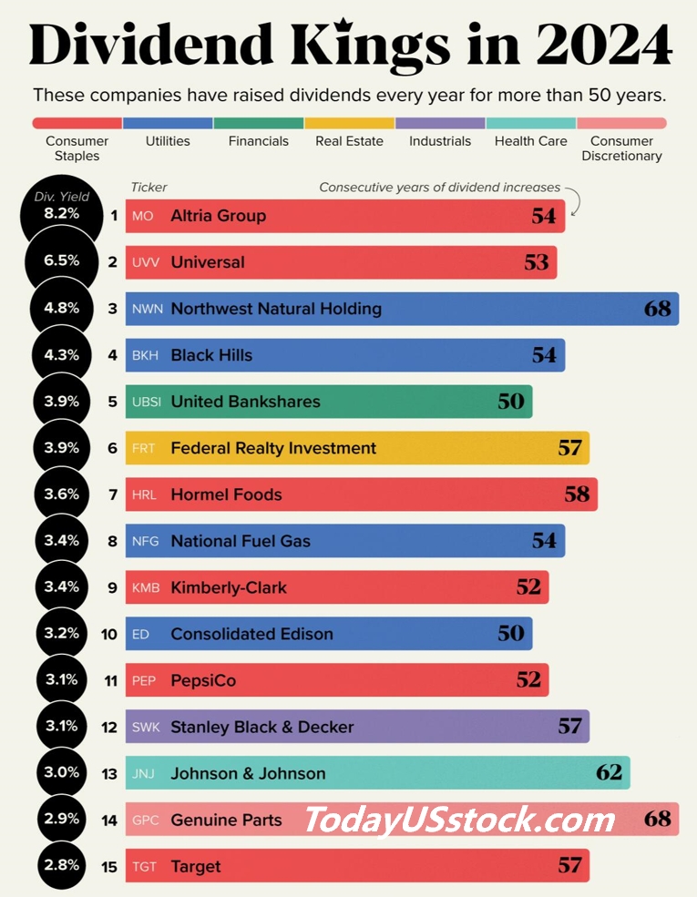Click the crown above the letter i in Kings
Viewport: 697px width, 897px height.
[344, 25]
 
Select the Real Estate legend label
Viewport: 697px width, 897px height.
[349, 141]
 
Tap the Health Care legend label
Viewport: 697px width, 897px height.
[530, 141]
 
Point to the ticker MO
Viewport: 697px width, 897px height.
[142, 216]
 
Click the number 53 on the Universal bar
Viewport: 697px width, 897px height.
[537, 262]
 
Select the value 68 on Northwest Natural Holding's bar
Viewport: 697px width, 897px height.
[658, 309]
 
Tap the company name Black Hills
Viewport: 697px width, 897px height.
[211, 355]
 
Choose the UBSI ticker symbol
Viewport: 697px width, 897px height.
[147, 403]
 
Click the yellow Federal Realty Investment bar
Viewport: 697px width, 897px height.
[358, 448]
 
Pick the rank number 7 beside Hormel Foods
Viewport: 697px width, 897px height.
[113, 494]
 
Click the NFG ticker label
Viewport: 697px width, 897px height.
[146, 541]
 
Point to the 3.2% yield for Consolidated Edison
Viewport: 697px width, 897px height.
[62, 633]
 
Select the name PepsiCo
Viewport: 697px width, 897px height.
[203, 681]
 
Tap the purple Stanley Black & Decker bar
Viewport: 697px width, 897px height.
[358, 727]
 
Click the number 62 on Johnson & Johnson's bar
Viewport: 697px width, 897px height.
[609, 773]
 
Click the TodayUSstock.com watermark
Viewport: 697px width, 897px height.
[459, 820]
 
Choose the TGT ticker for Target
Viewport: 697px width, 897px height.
[144, 867]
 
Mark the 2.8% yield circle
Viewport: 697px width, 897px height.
[62, 865]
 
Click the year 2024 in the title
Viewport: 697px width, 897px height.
[604, 45]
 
